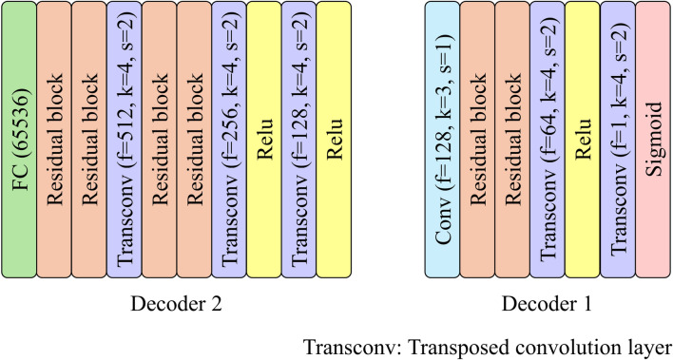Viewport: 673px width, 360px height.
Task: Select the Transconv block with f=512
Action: [x=125, y=140]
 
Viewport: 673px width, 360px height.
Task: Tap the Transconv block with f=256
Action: [x=228, y=140]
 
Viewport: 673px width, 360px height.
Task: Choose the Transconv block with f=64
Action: [x=547, y=140]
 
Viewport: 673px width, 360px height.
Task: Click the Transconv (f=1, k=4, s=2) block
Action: [x=617, y=140]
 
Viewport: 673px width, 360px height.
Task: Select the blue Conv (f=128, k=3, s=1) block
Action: [x=442, y=140]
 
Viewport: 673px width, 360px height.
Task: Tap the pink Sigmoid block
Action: [x=652, y=140]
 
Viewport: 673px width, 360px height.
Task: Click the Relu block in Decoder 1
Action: [x=582, y=140]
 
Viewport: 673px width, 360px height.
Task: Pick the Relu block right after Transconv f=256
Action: [x=263, y=140]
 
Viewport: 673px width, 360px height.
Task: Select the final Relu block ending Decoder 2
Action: [x=333, y=140]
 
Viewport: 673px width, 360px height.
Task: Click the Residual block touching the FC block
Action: [x=55, y=140]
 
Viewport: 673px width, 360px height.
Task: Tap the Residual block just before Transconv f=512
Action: [x=90, y=140]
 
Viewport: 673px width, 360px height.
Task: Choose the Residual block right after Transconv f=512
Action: [x=160, y=140]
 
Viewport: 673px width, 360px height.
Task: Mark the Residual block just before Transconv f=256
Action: [x=194, y=140]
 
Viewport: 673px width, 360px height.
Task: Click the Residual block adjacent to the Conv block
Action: [x=477, y=140]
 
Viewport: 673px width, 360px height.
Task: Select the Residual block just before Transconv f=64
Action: [x=511, y=140]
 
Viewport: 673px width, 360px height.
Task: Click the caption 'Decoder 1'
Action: [x=547, y=305]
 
